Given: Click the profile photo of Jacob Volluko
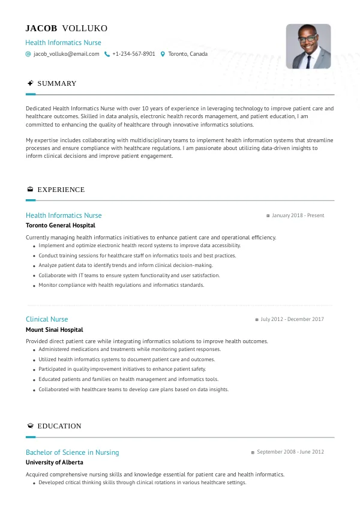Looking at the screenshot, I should pos(308,46).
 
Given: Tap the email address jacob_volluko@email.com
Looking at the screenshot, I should pos(66,54).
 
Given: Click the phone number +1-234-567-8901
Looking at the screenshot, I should pos(133,54).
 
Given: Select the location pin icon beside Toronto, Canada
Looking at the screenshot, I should pos(163,54).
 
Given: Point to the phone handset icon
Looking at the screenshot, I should pos(107,54).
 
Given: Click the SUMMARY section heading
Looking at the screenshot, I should pos(56,83).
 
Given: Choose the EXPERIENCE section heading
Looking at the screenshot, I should pos(61,190).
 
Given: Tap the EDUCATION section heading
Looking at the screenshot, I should pos(59,426).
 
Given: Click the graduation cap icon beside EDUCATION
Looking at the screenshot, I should pos(30,426).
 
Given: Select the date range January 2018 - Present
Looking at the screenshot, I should pos(298,215).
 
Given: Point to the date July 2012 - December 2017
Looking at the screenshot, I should pos(292,319).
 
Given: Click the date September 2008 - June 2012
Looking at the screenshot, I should pos(290,452).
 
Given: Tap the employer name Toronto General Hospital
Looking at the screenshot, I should pos(60,226).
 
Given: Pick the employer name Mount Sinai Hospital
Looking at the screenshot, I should pos(54,329).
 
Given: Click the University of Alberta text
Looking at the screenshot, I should pos(54,463).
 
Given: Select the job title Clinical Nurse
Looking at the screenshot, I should pos(47,319).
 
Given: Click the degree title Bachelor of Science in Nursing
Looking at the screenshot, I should pos(72,452).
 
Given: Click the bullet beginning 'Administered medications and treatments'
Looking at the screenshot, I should pos(130,349).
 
